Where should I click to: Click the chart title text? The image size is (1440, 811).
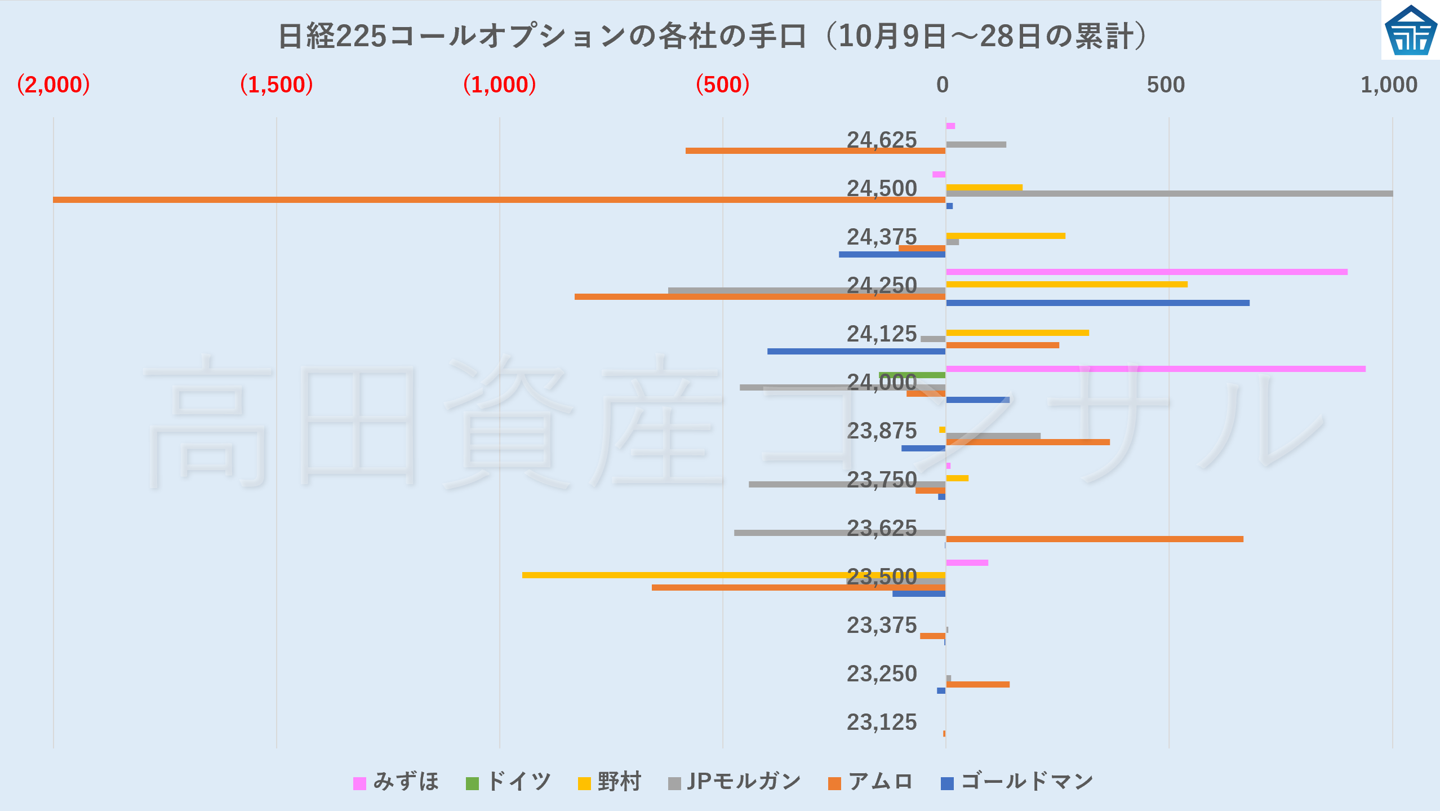tap(713, 36)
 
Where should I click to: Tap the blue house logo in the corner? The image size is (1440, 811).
tap(1410, 30)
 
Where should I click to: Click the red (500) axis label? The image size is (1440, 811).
tap(723, 85)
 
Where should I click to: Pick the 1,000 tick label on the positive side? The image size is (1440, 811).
tap(1389, 85)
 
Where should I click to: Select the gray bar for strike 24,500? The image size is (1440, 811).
tap(1169, 193)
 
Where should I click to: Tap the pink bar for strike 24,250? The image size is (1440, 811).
tap(1146, 272)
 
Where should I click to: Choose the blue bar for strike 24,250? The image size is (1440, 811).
tap(1097, 303)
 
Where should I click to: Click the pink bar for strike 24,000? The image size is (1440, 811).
tap(1155, 369)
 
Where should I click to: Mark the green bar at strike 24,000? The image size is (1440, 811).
tap(912, 375)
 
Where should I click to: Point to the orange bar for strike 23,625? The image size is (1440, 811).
tap(1094, 539)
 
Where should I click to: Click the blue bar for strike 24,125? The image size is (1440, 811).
tap(856, 351)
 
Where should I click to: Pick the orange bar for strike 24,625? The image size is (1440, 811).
tap(815, 150)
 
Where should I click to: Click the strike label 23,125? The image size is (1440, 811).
tap(882, 722)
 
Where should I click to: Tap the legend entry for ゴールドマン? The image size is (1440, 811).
tap(1017, 782)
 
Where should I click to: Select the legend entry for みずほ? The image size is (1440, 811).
tap(396, 782)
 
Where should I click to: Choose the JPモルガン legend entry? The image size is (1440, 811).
tap(735, 782)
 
